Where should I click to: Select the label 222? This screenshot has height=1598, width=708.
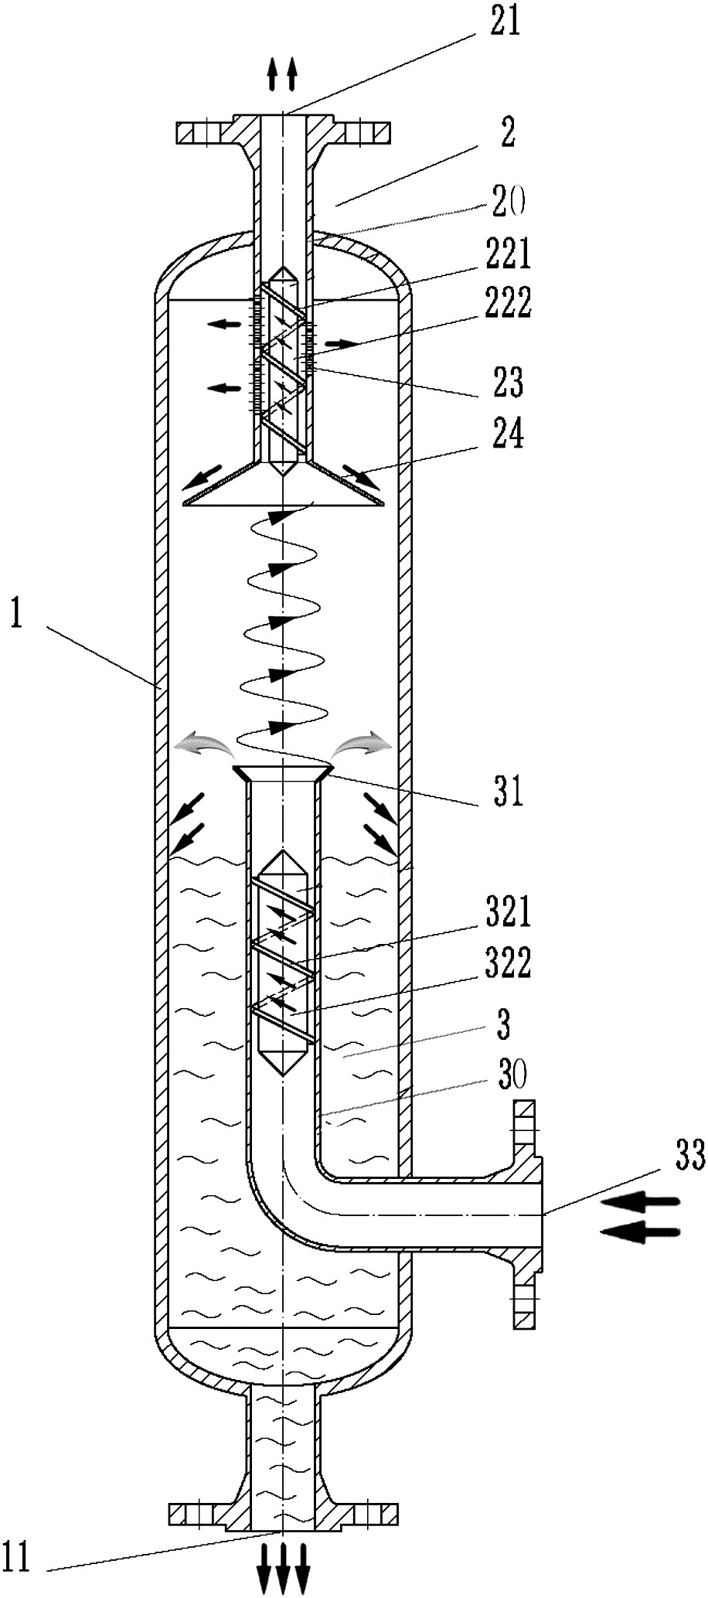point(509,304)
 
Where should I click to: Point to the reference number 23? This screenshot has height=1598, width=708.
point(508,382)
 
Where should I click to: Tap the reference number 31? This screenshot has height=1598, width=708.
point(508,792)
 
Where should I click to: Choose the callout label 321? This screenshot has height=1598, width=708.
point(509,912)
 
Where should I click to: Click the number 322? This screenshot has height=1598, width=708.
point(509,963)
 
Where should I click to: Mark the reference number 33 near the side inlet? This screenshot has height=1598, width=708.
point(689,1157)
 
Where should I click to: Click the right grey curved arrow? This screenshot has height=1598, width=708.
point(362,744)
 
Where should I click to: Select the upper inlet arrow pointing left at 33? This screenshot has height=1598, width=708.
point(641,1201)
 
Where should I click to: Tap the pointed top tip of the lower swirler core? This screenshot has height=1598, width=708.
point(284,852)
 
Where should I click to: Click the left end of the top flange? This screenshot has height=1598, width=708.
point(178,133)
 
